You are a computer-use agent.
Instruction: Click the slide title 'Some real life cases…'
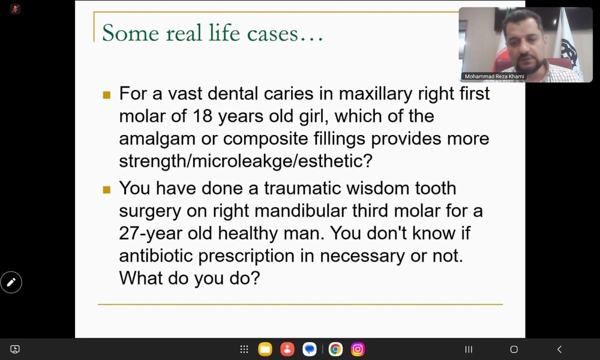212,33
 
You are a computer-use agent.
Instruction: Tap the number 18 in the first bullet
202,116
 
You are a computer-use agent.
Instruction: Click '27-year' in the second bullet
151,233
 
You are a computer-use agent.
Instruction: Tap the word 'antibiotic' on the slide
156,256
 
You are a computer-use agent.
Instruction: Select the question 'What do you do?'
190,278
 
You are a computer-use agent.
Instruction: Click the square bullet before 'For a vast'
107,95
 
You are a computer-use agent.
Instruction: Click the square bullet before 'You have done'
107,190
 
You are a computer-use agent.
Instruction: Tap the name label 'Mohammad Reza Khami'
494,77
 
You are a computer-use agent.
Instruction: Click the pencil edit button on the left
11,283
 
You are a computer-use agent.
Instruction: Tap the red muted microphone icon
16,9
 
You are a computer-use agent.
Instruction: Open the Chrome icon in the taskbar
335,349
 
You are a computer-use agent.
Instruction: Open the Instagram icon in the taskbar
358,349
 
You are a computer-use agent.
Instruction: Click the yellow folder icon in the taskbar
265,349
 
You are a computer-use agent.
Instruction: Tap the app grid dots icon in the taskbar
244,349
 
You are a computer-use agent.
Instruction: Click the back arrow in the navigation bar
559,349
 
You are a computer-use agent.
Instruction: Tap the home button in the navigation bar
514,349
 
